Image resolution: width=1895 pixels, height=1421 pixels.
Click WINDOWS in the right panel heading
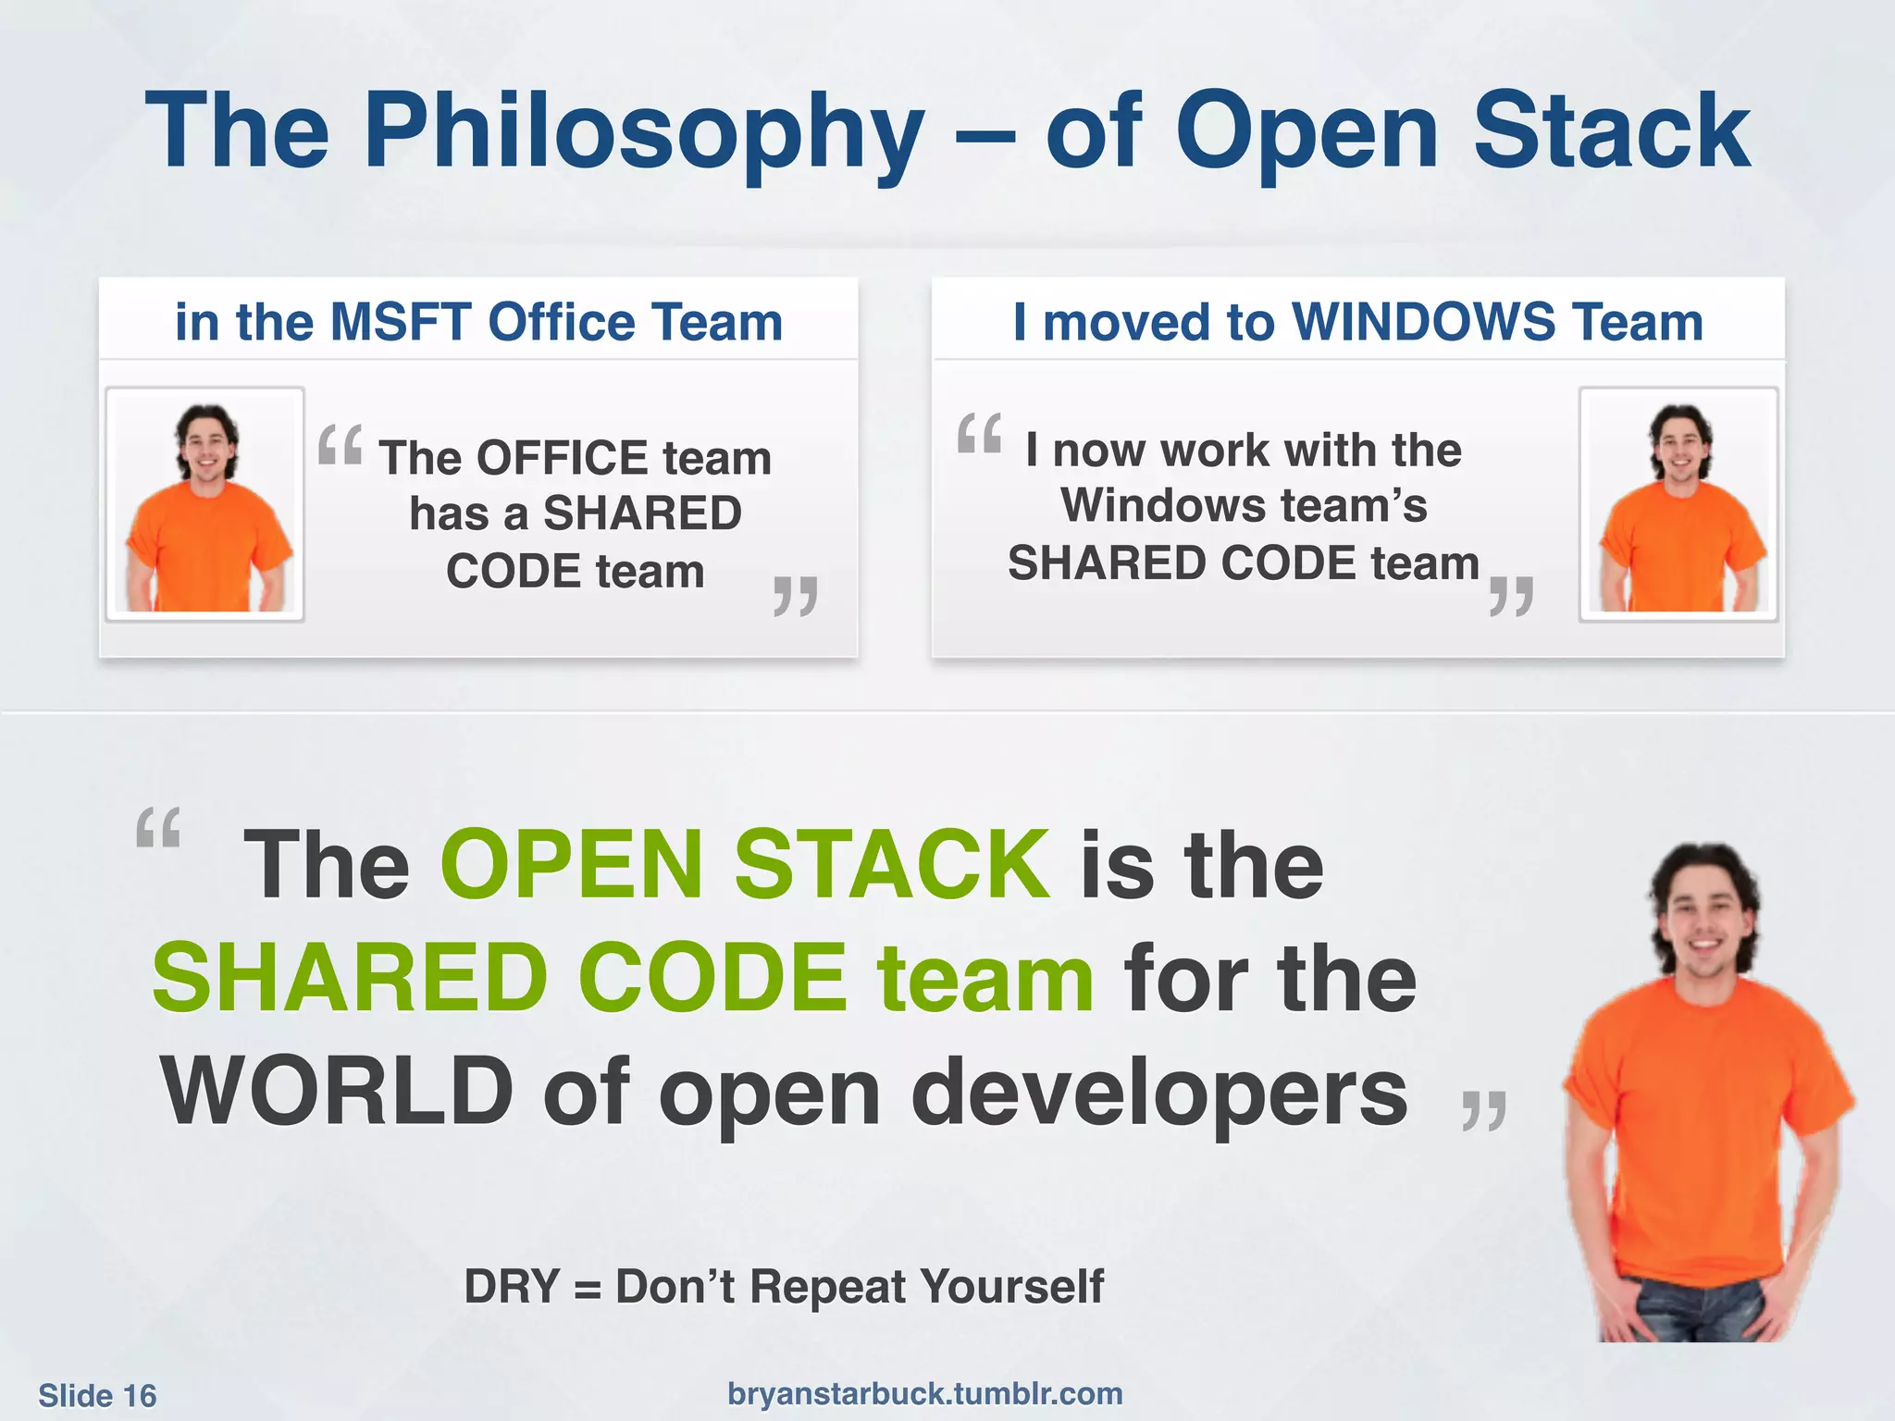[x=1423, y=322]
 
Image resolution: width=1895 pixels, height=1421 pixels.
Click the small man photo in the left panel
[x=205, y=504]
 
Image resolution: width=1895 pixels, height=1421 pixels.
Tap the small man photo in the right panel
[x=1678, y=504]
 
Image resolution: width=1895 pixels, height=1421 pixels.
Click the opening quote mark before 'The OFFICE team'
[x=340, y=445]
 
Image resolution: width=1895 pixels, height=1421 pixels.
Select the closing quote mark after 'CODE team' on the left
[x=795, y=596]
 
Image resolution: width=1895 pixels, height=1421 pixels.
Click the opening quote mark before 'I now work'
[x=979, y=433]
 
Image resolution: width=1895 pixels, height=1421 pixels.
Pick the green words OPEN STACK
[x=745, y=864]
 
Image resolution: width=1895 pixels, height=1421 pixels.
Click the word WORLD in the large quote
[x=336, y=1092]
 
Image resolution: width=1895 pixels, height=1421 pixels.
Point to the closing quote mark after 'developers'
[x=1483, y=1110]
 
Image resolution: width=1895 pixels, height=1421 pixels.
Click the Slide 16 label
[x=97, y=1395]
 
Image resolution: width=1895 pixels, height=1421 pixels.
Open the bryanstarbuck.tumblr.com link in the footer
[x=924, y=1393]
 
